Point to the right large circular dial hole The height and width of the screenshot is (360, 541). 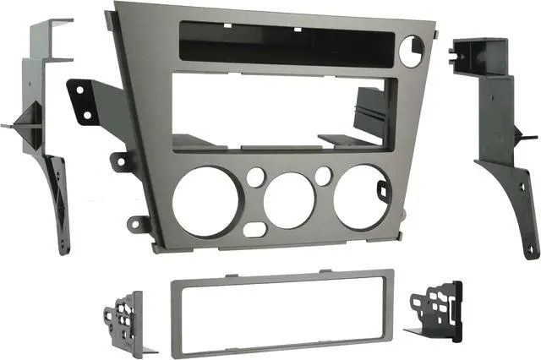(x=362, y=196)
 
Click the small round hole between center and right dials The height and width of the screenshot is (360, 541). (x=323, y=176)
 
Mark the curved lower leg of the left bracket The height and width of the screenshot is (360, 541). (x=59, y=203)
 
